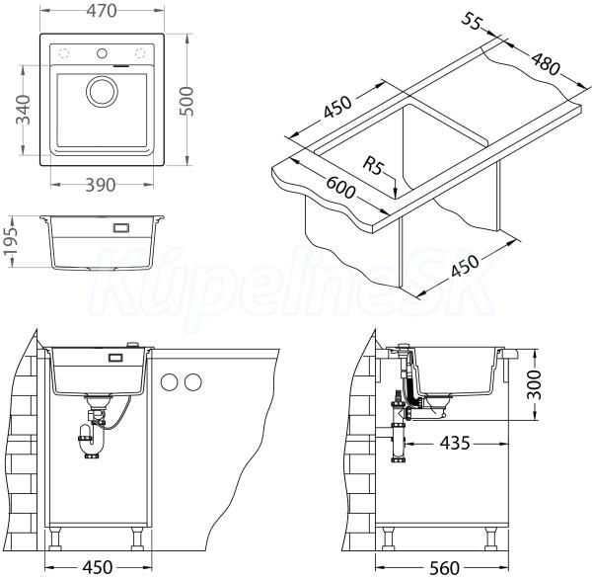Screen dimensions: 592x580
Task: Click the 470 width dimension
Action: (x=102, y=11)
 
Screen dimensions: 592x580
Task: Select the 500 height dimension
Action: (x=186, y=101)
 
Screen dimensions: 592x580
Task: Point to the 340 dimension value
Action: (x=23, y=110)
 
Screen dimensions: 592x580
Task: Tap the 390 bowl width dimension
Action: (x=101, y=185)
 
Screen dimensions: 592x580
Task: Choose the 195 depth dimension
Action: (x=10, y=241)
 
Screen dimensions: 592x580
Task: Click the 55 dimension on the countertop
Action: (x=472, y=21)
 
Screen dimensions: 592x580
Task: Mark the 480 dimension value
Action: (x=546, y=63)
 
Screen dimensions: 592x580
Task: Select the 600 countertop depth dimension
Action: (x=340, y=187)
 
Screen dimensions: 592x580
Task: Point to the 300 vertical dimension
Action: (x=534, y=385)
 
